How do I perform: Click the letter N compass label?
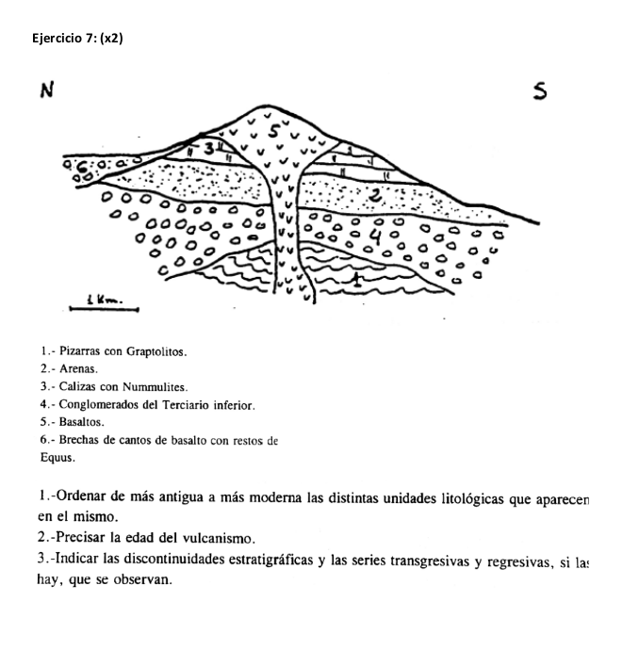pos(44,90)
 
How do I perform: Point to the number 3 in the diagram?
pos(210,148)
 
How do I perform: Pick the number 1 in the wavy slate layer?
pos(355,279)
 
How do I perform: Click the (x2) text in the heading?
pos(111,38)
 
